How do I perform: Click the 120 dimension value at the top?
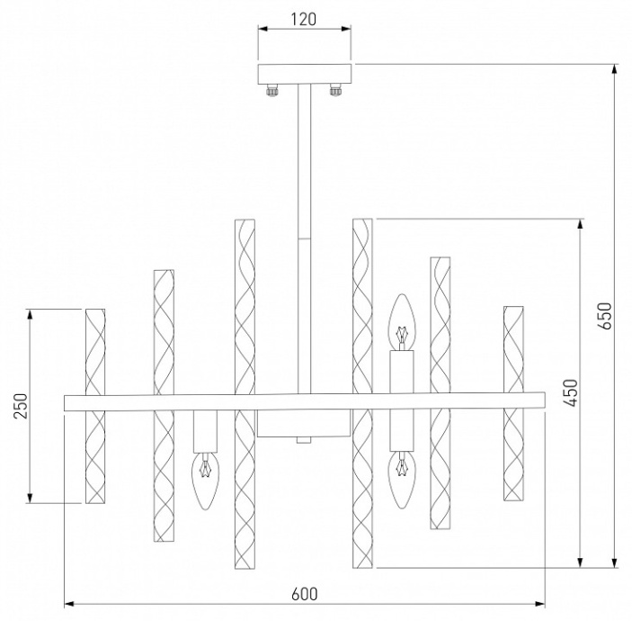302,18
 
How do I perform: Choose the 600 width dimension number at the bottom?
305,593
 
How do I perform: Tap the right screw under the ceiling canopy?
336,90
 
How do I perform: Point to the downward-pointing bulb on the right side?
402,472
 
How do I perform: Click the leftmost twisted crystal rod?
95,405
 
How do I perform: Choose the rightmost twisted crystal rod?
513,402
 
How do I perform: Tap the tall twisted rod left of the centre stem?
245,394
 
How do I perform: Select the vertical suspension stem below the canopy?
303,162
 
